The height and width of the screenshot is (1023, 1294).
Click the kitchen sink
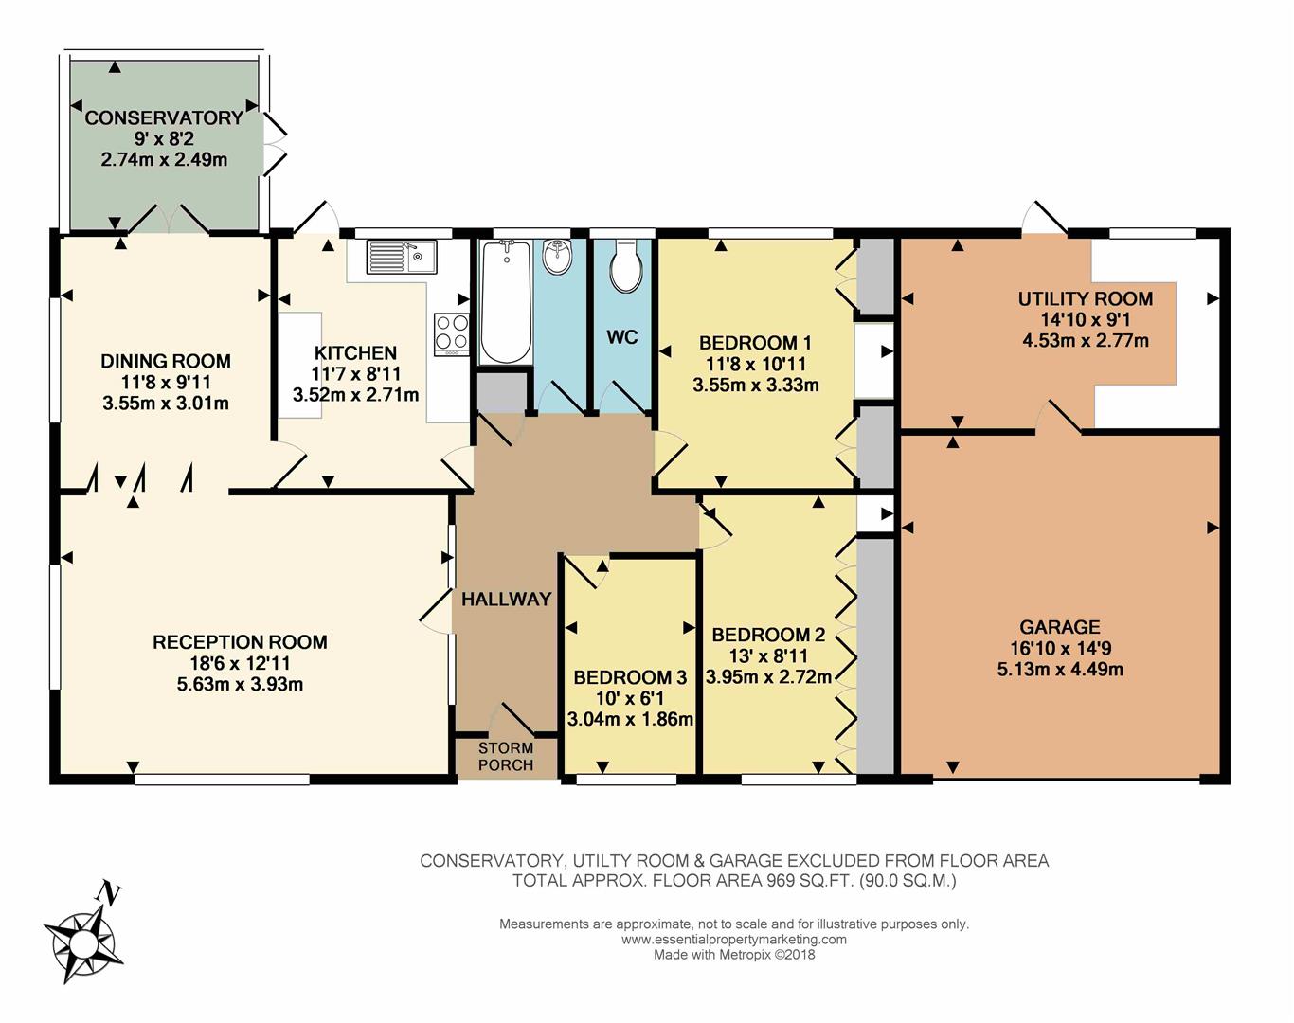pos(401,257)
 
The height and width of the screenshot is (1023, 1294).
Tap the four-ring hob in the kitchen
pos(452,334)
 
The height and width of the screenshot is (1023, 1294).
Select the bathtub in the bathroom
pos(506,302)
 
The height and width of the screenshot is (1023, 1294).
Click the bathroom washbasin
pos(557,257)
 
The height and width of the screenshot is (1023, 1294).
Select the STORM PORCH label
pos(506,757)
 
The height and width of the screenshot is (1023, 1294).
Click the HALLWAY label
pos(506,599)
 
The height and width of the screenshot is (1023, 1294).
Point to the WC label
pos(621,337)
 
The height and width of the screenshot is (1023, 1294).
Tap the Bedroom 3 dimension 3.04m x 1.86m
pos(630,719)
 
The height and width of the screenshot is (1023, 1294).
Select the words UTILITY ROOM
pos(1086,299)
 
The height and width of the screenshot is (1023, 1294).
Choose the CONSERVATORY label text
pos(164,117)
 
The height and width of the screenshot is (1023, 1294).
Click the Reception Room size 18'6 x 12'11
pos(240,663)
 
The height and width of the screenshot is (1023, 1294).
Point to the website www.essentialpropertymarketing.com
pos(733,940)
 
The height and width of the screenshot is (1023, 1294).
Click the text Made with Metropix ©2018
pos(734,955)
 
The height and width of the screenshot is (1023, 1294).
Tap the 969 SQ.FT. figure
pos(810,881)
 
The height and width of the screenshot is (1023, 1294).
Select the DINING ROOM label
pos(166,361)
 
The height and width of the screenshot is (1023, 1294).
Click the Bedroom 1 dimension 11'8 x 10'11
pos(755,364)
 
